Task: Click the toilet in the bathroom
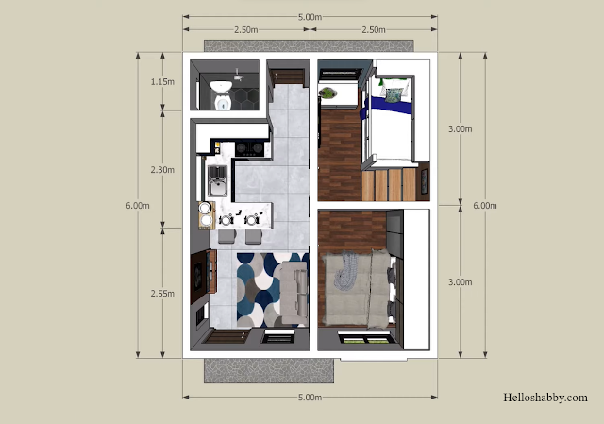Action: click(x=222, y=94)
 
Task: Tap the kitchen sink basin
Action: click(x=217, y=181)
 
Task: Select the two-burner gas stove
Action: click(x=249, y=148)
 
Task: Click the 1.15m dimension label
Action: click(x=162, y=82)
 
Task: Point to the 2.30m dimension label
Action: click(x=162, y=170)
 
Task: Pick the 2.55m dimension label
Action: click(x=162, y=294)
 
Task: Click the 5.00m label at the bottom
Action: click(x=310, y=397)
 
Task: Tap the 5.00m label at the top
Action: click(x=310, y=17)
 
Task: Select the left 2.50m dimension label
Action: click(x=246, y=29)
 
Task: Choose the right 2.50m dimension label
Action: click(x=374, y=29)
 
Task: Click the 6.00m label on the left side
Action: click(x=138, y=206)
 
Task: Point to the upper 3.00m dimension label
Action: click(x=460, y=129)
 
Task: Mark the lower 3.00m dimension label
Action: click(x=460, y=282)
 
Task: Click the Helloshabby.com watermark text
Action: click(x=545, y=398)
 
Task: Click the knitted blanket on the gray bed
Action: click(x=345, y=270)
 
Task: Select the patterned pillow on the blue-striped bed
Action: click(x=393, y=94)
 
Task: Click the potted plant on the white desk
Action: click(x=327, y=93)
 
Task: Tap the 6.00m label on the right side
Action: click(x=485, y=206)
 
